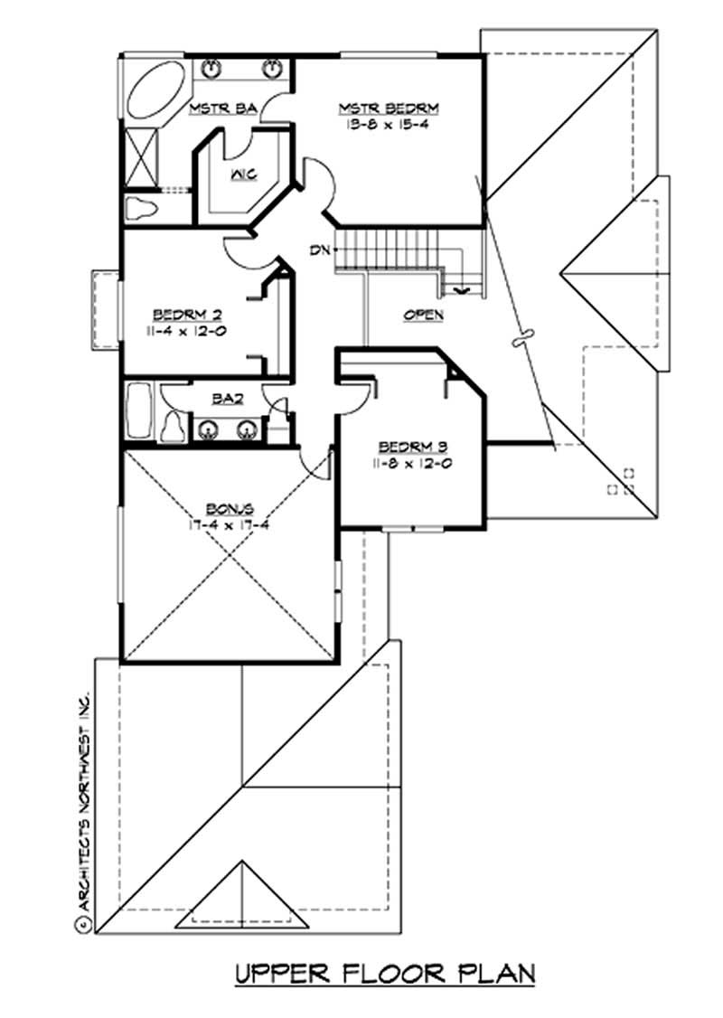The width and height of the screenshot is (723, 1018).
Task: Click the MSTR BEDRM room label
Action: [389, 108]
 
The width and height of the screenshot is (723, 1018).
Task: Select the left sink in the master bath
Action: [213, 68]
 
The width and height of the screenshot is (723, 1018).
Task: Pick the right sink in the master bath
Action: [273, 68]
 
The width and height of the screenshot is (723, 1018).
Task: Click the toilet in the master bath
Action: [140, 209]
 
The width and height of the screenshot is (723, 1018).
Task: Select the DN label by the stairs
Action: [317, 250]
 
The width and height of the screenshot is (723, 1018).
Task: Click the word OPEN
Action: [423, 316]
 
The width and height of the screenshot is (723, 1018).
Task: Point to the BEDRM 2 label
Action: [188, 315]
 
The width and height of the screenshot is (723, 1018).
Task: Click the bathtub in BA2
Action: [139, 414]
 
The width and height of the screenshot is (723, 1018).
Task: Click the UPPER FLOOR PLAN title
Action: [385, 974]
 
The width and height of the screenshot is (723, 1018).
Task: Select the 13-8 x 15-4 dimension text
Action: [389, 125]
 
